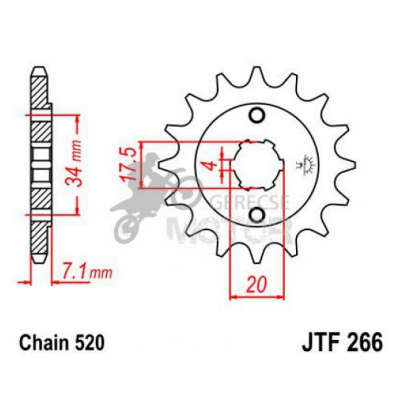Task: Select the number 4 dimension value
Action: (x=209, y=166)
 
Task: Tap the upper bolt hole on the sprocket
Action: (x=256, y=115)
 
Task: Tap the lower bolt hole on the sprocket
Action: (x=256, y=215)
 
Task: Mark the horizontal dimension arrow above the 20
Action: (x=257, y=296)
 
